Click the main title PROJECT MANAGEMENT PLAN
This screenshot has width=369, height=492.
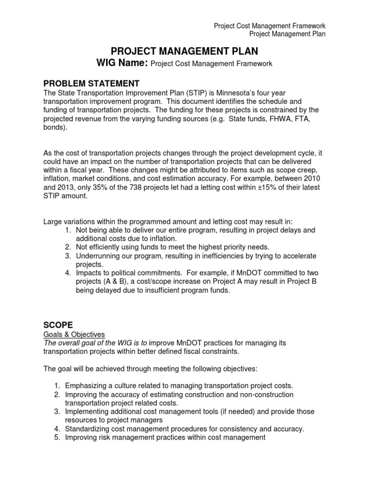pyautogui.click(x=184, y=51)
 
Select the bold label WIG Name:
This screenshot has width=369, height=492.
pyautogui.click(x=123, y=63)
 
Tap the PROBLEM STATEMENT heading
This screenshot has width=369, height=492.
pyautogui.click(x=91, y=84)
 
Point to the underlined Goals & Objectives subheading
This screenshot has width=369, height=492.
pyautogui.click(x=74, y=334)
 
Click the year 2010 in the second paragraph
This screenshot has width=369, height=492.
pyautogui.click(x=311, y=178)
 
